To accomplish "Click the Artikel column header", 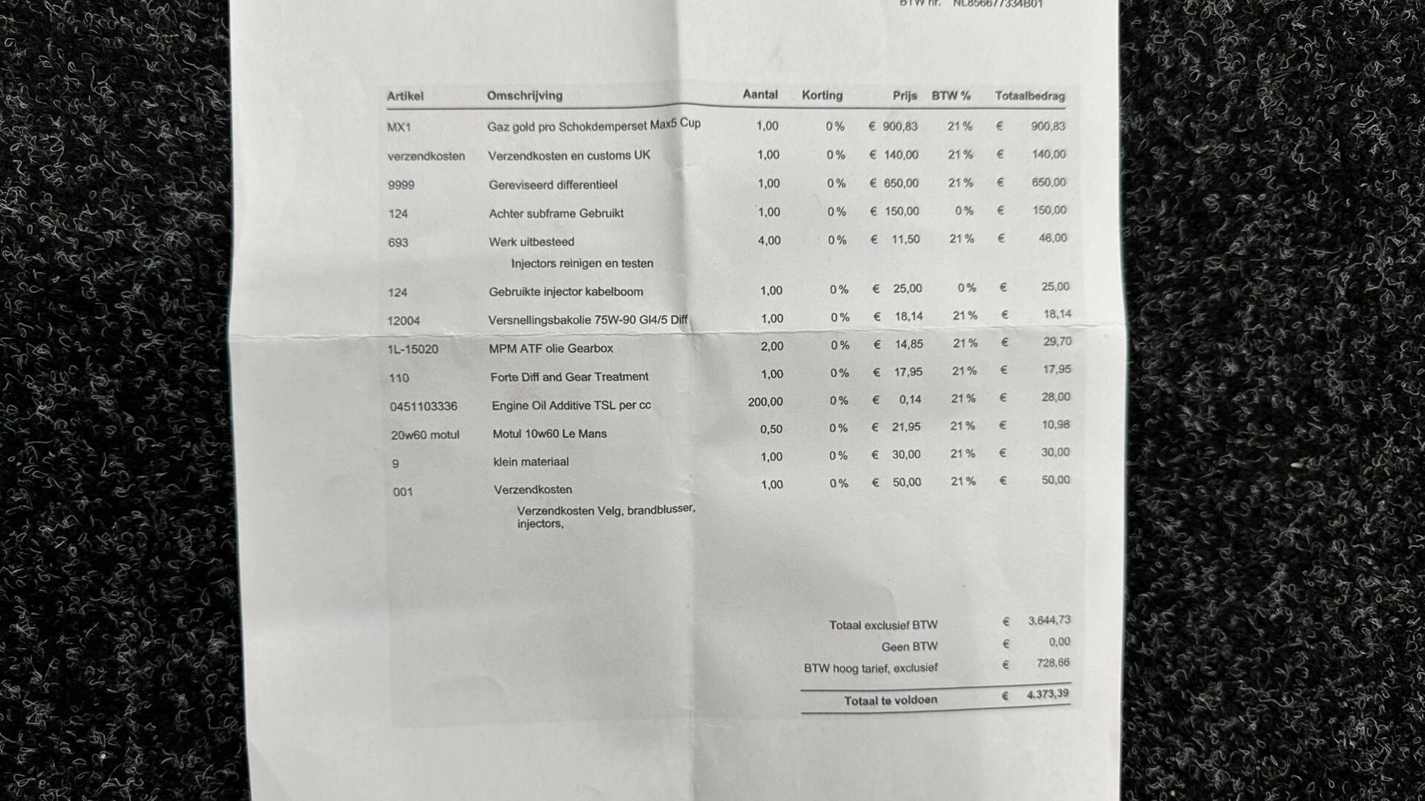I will pyautogui.click(x=404, y=96).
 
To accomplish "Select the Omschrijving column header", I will pyautogui.click(x=524, y=96).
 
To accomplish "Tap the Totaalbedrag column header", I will pyautogui.click(x=1029, y=96).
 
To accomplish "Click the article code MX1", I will pyautogui.click(x=399, y=127).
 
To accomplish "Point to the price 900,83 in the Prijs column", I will pyautogui.click(x=900, y=126).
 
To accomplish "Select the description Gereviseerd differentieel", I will pyautogui.click(x=552, y=185).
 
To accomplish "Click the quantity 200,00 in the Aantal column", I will pyautogui.click(x=764, y=402).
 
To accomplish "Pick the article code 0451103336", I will pyautogui.click(x=423, y=406).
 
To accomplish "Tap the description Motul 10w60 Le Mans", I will pyautogui.click(x=549, y=434).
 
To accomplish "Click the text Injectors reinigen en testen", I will pyautogui.click(x=582, y=263).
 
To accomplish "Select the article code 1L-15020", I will pyautogui.click(x=413, y=349).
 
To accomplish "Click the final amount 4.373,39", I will pyautogui.click(x=1047, y=694).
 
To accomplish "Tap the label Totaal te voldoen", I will pyautogui.click(x=890, y=700).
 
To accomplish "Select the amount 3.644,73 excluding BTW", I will pyautogui.click(x=1049, y=620).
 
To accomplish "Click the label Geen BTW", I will pyautogui.click(x=909, y=647).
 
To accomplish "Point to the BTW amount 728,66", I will pyautogui.click(x=1052, y=663).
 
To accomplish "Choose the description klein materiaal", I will pyautogui.click(x=531, y=462).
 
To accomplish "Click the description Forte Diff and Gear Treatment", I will pyautogui.click(x=569, y=377).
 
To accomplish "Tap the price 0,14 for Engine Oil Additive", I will pyautogui.click(x=909, y=400).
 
